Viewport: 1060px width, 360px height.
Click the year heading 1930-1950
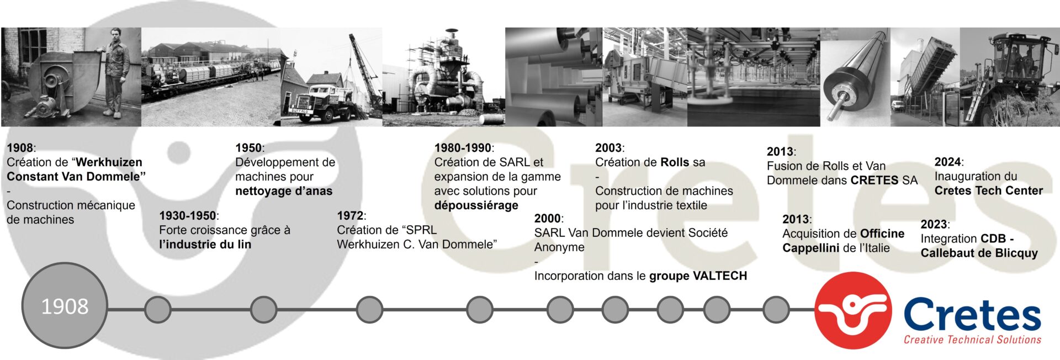coord(188,215)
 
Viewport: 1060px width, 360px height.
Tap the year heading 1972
coord(350,215)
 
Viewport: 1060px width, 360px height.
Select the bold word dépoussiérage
coord(476,205)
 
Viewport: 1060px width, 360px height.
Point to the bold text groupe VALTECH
coord(698,276)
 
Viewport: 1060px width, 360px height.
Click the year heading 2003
coord(608,147)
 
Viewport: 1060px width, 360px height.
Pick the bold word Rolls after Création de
coord(675,162)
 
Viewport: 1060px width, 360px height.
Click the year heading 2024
coord(948,162)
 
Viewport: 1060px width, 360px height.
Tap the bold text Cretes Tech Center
coord(989,190)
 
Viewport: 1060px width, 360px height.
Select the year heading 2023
coord(934,224)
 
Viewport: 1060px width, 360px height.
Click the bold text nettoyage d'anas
coord(284,191)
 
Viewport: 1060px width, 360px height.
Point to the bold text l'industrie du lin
coord(205,244)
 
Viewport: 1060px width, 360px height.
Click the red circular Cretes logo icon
coord(853,310)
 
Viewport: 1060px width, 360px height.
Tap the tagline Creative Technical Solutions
coord(972,340)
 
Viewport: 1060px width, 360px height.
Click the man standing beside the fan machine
coord(115,72)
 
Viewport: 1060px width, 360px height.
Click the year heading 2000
coord(548,218)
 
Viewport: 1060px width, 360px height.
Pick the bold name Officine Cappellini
coord(844,241)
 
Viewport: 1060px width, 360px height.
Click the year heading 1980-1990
coord(463,147)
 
